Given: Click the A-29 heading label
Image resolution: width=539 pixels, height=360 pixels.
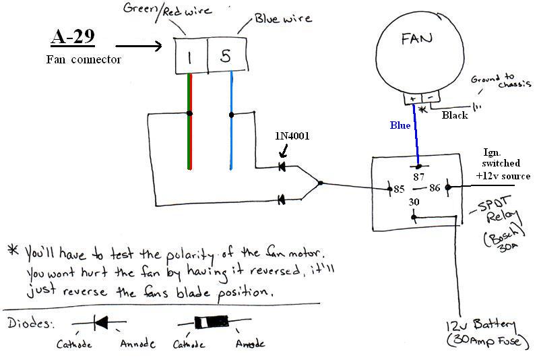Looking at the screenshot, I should (73, 36).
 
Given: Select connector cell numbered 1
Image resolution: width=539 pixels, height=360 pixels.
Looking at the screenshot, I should (190, 57).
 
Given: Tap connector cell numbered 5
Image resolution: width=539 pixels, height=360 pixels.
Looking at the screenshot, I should (225, 57).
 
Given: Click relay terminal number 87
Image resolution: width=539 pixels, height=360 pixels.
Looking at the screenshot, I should (418, 176).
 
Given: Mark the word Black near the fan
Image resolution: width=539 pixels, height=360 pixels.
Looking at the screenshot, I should (454, 115).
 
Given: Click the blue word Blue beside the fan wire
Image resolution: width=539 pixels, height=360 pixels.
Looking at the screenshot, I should (400, 125).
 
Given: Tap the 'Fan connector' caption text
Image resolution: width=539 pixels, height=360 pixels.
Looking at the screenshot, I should (83, 59).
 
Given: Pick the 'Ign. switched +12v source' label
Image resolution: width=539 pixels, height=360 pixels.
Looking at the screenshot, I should (501, 164).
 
